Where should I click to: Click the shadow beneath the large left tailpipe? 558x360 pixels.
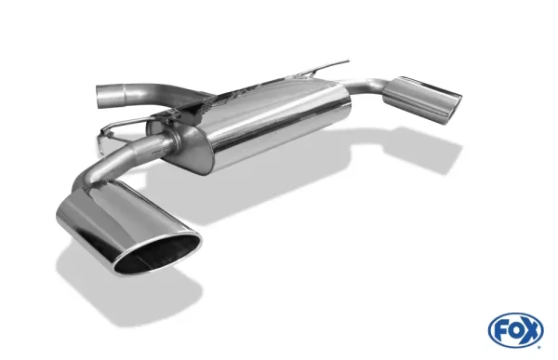(x=121, y=279)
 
